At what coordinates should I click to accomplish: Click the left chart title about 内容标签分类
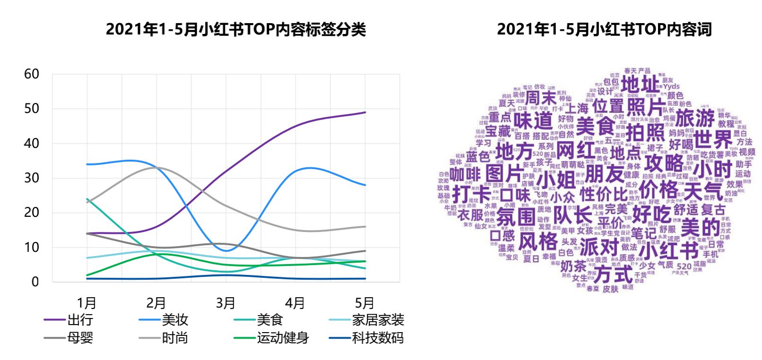(x=235, y=29)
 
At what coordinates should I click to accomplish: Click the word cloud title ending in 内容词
(x=604, y=29)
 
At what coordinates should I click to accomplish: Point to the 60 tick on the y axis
(x=32, y=74)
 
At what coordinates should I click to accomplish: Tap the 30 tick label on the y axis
(x=32, y=178)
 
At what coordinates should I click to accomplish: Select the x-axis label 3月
(x=225, y=303)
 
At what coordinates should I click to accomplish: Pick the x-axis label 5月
(x=364, y=303)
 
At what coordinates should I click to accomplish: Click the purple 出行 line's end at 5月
(x=365, y=112)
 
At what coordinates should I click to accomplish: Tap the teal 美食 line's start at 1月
(x=87, y=199)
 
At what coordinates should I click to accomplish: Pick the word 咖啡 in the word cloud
(x=465, y=174)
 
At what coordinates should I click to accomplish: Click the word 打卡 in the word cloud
(x=472, y=194)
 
